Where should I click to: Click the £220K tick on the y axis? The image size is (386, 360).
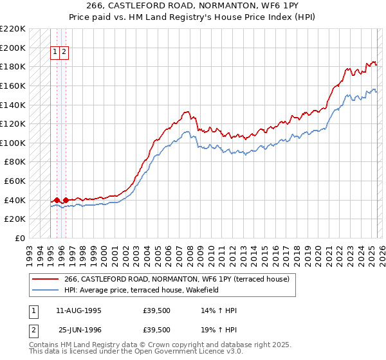click(13, 29)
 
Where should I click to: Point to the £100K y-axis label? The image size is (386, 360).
click(13, 143)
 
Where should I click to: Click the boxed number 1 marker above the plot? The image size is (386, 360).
click(55, 53)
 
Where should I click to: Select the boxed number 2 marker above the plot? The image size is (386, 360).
click(65, 53)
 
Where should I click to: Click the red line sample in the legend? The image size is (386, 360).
click(46, 279)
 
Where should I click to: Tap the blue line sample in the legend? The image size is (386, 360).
click(46, 290)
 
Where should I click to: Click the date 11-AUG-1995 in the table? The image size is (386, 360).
click(78, 310)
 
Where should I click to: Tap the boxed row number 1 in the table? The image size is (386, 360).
click(32, 310)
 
